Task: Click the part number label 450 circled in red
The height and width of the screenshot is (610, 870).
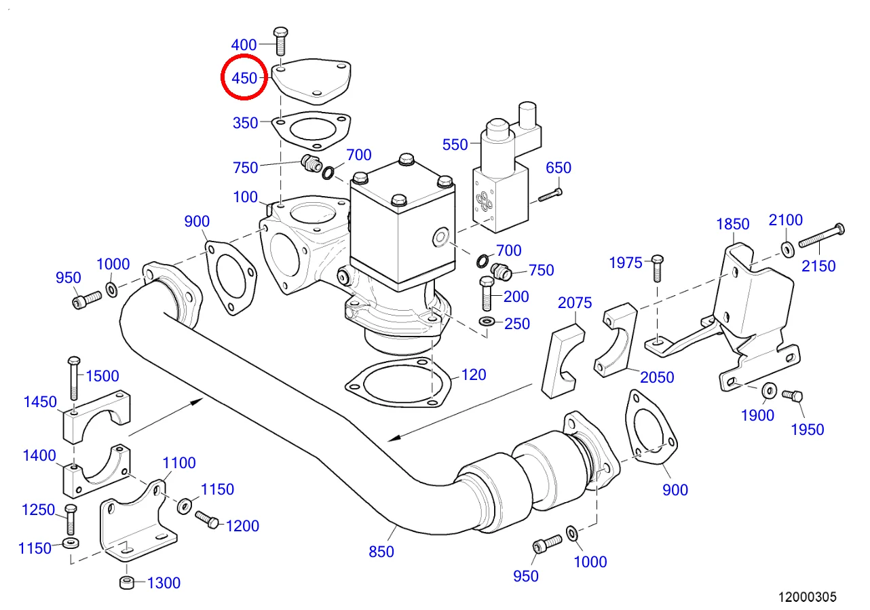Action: click(244, 78)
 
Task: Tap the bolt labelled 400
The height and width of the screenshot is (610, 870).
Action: click(280, 41)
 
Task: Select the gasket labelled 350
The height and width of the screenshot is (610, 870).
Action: click(312, 130)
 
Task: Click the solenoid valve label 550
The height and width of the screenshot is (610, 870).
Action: click(455, 144)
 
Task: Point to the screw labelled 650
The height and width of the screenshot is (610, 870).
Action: click(550, 195)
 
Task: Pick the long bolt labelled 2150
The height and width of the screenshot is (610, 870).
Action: click(821, 237)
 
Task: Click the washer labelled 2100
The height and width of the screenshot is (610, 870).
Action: click(787, 248)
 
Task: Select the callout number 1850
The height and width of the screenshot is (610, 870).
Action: click(733, 225)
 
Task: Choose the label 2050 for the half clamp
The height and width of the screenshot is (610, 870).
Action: click(657, 377)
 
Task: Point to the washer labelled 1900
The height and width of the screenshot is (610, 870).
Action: click(770, 390)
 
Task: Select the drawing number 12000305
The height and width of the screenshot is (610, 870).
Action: click(807, 597)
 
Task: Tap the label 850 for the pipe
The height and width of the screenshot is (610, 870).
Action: click(381, 552)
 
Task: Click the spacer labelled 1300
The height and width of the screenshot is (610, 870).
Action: click(126, 582)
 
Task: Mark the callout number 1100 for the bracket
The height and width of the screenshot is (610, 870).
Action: click(179, 463)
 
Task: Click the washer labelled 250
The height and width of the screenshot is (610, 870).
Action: click(487, 320)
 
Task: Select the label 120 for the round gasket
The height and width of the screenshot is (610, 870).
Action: click(474, 375)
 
